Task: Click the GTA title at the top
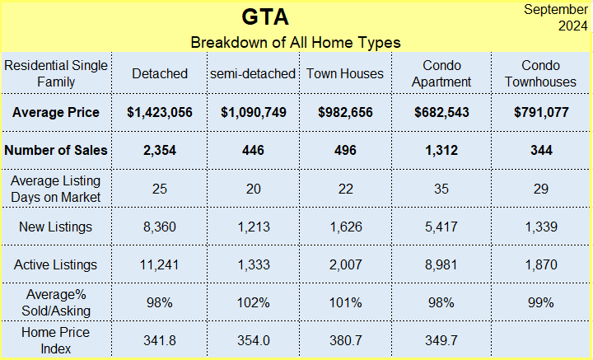tap(265, 17)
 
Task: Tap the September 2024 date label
tap(556, 17)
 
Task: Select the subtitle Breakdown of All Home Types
tap(296, 42)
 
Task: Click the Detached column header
tap(160, 73)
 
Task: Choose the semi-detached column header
tap(253, 73)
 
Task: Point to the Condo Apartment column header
tap(441, 73)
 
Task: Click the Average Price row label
tap(56, 112)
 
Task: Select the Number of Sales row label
tap(56, 150)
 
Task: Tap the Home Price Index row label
tap(56, 340)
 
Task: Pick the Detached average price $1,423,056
tap(160, 112)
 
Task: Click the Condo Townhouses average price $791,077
tap(541, 112)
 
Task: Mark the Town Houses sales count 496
tap(345, 150)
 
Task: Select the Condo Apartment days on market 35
tap(441, 189)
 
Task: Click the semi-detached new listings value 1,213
tap(254, 227)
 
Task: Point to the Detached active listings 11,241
tap(159, 264)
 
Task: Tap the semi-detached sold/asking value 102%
tap(254, 302)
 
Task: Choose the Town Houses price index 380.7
tap(346, 340)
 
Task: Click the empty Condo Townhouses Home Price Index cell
tap(541, 340)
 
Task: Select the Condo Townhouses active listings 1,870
tap(541, 264)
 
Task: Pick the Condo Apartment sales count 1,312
tap(441, 150)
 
